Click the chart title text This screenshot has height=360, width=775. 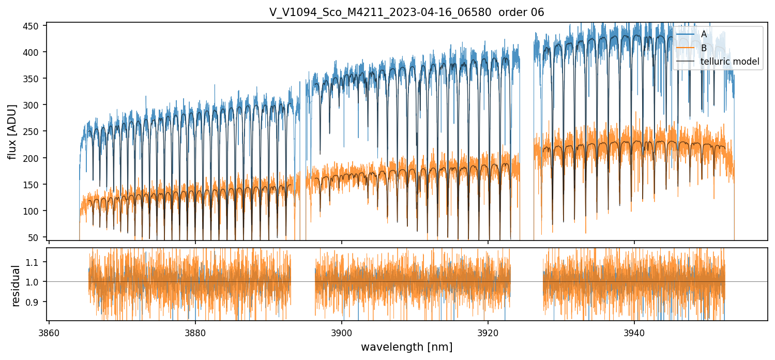point(406,12)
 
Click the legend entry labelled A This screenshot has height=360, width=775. point(704,35)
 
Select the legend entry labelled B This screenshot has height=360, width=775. point(704,48)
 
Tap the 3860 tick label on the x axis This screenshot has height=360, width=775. point(49,332)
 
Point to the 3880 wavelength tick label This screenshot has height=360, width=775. point(195,332)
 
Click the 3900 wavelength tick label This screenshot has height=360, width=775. point(342,332)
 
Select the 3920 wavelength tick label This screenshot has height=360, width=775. point(488,332)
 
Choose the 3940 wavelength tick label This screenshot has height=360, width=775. point(634,332)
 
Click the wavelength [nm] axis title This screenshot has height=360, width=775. point(406,347)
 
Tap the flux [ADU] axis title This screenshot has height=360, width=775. point(12,131)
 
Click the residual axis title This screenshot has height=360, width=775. point(16,286)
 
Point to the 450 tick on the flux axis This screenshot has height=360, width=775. point(34,26)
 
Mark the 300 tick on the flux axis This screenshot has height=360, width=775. point(34,105)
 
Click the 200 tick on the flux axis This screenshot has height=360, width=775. point(34,158)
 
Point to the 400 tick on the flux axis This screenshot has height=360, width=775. point(34,52)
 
